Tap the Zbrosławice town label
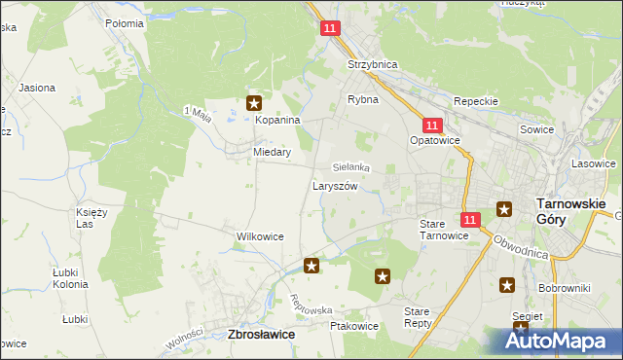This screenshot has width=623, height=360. tap(262, 334)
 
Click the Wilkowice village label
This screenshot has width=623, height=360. tap(260, 236)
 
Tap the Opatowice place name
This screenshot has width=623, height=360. tap(434, 140)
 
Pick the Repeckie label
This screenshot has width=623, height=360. tap(476, 101)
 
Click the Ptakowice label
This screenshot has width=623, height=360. tap(354, 326)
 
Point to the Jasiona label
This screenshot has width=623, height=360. tap(36, 88)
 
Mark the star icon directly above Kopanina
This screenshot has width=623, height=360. tap(255, 102)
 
